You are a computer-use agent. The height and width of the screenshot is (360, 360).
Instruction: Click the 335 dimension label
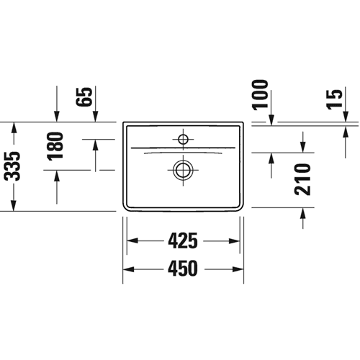click(x=12, y=166)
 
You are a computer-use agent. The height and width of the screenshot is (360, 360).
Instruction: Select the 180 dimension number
click(x=55, y=146)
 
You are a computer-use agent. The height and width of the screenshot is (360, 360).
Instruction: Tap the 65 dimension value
click(x=84, y=96)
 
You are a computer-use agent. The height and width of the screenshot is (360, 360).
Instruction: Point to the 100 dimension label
click(x=260, y=95)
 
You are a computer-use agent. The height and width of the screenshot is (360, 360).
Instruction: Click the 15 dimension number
click(x=334, y=99)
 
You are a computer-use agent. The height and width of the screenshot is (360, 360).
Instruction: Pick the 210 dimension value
click(x=302, y=179)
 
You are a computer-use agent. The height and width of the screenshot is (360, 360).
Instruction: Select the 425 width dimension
click(x=183, y=240)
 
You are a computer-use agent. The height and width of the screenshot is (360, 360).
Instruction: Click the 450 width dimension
click(x=183, y=269)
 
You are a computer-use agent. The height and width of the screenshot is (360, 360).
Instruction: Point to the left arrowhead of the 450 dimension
click(x=128, y=269)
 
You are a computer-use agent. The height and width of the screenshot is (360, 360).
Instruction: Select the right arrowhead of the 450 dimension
click(x=238, y=269)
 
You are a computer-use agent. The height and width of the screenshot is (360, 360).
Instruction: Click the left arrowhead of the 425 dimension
click(x=132, y=240)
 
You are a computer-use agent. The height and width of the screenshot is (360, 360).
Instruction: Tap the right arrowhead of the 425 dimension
click(x=234, y=240)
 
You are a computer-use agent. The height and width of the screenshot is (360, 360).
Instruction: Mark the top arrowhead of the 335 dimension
click(x=14, y=127)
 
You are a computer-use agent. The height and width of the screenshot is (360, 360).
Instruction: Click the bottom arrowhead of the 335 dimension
click(x=14, y=206)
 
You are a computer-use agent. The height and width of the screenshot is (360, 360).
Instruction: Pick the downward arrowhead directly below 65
click(x=96, y=117)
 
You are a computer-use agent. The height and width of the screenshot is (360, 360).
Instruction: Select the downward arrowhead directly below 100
click(x=271, y=120)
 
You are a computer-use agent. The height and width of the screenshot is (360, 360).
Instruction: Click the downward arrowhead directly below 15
click(x=346, y=117)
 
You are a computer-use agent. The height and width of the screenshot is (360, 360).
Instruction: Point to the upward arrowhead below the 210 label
click(x=303, y=213)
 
